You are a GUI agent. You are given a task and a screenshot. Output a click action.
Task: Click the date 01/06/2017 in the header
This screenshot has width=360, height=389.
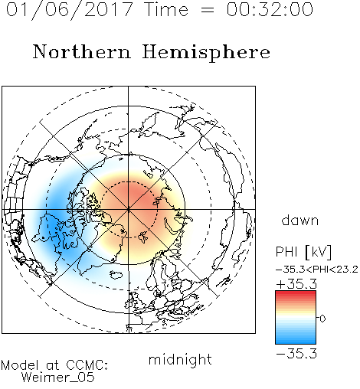[70, 9]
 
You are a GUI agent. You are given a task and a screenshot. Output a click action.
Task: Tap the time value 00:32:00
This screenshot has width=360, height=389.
[270, 9]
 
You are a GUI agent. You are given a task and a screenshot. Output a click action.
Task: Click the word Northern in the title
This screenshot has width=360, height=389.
[82, 51]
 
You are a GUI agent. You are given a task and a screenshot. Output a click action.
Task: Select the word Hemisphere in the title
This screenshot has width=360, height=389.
[206, 53]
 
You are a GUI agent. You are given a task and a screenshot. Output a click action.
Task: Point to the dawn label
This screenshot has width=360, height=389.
[300, 221]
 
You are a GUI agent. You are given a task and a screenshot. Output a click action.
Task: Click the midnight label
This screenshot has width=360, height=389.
[180, 359]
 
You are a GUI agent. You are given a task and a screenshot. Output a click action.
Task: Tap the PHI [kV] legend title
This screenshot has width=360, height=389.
[303, 252]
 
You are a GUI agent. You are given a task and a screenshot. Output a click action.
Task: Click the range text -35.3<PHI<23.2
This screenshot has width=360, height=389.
[317, 270]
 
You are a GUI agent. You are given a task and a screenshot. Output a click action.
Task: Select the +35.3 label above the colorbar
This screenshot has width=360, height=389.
[296, 284]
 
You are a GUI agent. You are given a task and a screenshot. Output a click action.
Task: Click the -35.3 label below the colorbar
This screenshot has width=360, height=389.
[296, 354]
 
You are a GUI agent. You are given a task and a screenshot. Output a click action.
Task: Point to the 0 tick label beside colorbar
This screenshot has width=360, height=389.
[322, 319]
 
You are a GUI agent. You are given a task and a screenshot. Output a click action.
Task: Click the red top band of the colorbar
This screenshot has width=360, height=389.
[296, 293]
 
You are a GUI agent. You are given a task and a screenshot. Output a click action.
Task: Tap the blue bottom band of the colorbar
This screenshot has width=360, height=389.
[296, 341]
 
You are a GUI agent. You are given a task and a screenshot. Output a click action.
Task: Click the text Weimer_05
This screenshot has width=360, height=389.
[58, 378]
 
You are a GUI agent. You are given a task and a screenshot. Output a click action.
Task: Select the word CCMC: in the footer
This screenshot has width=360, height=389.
[87, 365]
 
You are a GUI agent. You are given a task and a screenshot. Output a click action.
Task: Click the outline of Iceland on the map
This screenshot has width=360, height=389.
[116, 275]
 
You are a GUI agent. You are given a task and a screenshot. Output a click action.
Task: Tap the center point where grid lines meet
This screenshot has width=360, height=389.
[129, 209]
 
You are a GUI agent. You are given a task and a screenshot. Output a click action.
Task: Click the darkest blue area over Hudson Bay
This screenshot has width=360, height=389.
[52, 224]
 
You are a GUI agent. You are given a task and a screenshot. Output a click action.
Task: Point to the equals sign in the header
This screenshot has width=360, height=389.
[207, 10]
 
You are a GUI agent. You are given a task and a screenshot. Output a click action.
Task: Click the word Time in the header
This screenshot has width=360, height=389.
[166, 9]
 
